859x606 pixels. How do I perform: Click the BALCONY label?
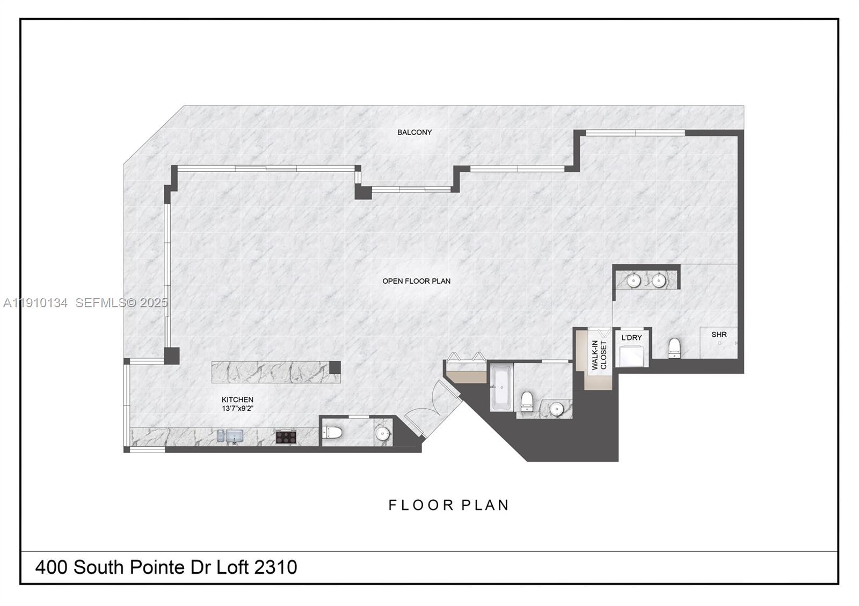coord(414,132)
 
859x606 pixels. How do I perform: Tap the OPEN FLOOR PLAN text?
coord(416,281)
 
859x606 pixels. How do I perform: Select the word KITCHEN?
coord(237,400)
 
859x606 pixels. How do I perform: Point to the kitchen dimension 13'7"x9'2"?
coord(237,409)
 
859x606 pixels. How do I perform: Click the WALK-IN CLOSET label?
coord(599,355)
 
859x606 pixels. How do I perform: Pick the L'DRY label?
coord(631,338)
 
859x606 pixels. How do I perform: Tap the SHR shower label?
coord(719,335)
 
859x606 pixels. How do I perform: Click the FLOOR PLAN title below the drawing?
coord(449,505)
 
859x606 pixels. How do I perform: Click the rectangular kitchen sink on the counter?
coord(234,436)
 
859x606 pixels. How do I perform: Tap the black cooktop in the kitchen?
coord(286,437)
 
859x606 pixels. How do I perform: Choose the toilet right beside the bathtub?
coord(527,401)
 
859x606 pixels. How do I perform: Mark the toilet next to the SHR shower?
coord(674,348)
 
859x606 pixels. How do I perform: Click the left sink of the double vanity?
coord(634,280)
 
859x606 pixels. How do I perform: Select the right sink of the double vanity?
coord(659,280)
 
